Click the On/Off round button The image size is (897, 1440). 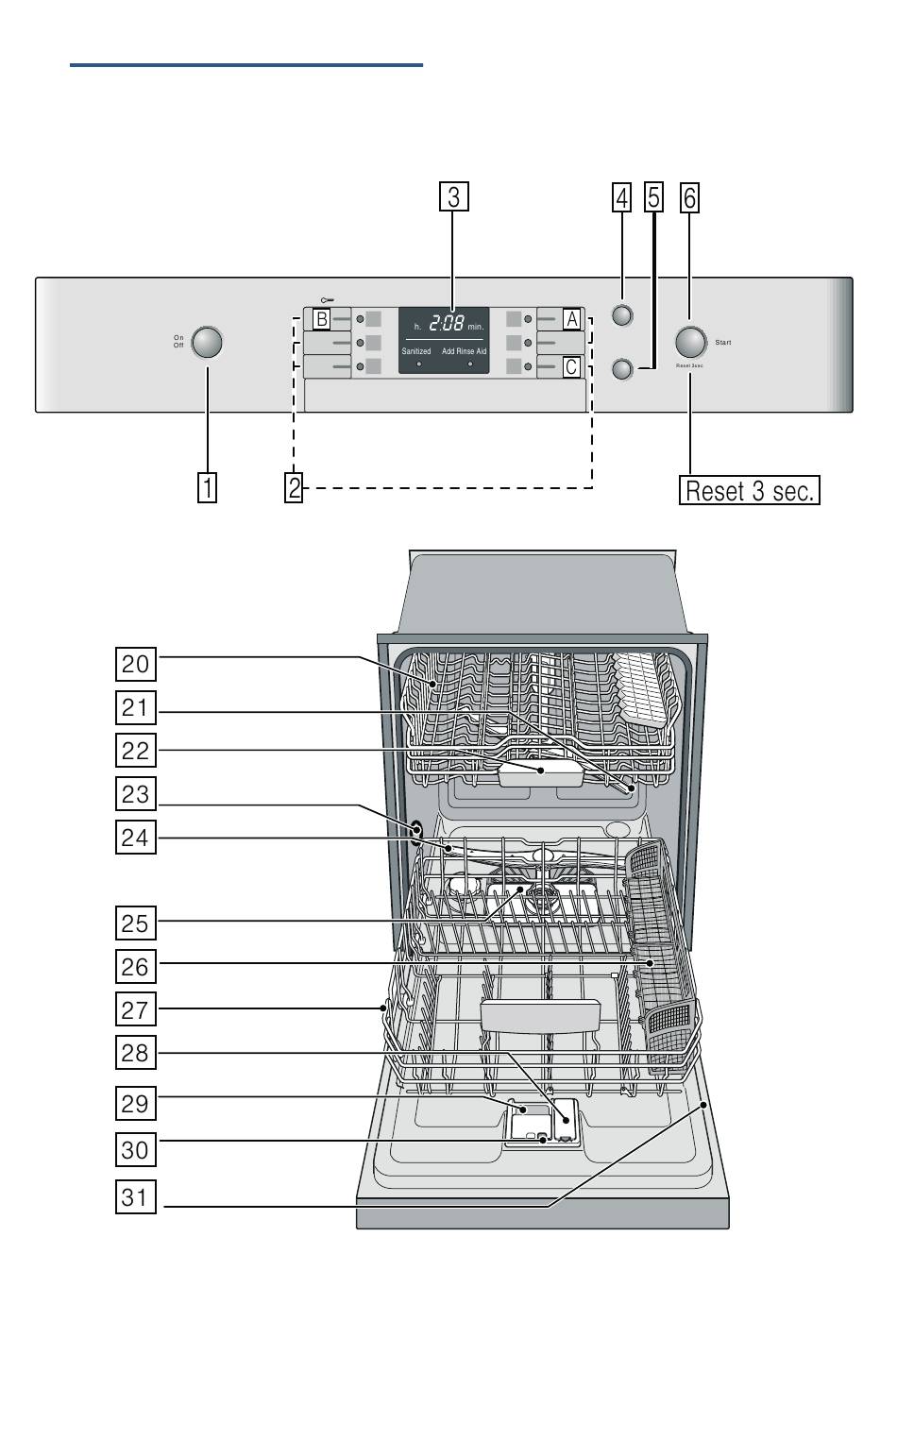click(207, 342)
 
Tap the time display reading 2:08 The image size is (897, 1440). click(447, 325)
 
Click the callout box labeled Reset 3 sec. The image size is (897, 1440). click(750, 491)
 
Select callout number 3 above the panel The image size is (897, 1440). click(454, 196)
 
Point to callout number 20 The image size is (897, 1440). click(135, 664)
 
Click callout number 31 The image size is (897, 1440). click(135, 1197)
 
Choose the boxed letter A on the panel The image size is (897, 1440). click(570, 319)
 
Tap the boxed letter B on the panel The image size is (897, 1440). click(321, 319)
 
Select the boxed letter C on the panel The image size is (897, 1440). click(570, 366)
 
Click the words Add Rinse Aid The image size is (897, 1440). click(465, 351)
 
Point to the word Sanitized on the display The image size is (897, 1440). click(416, 351)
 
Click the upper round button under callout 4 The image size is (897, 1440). click(621, 315)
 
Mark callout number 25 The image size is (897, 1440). click(135, 922)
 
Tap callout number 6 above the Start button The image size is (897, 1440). click(690, 197)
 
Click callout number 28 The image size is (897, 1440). click(135, 1052)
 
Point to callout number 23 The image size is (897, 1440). click(135, 794)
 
